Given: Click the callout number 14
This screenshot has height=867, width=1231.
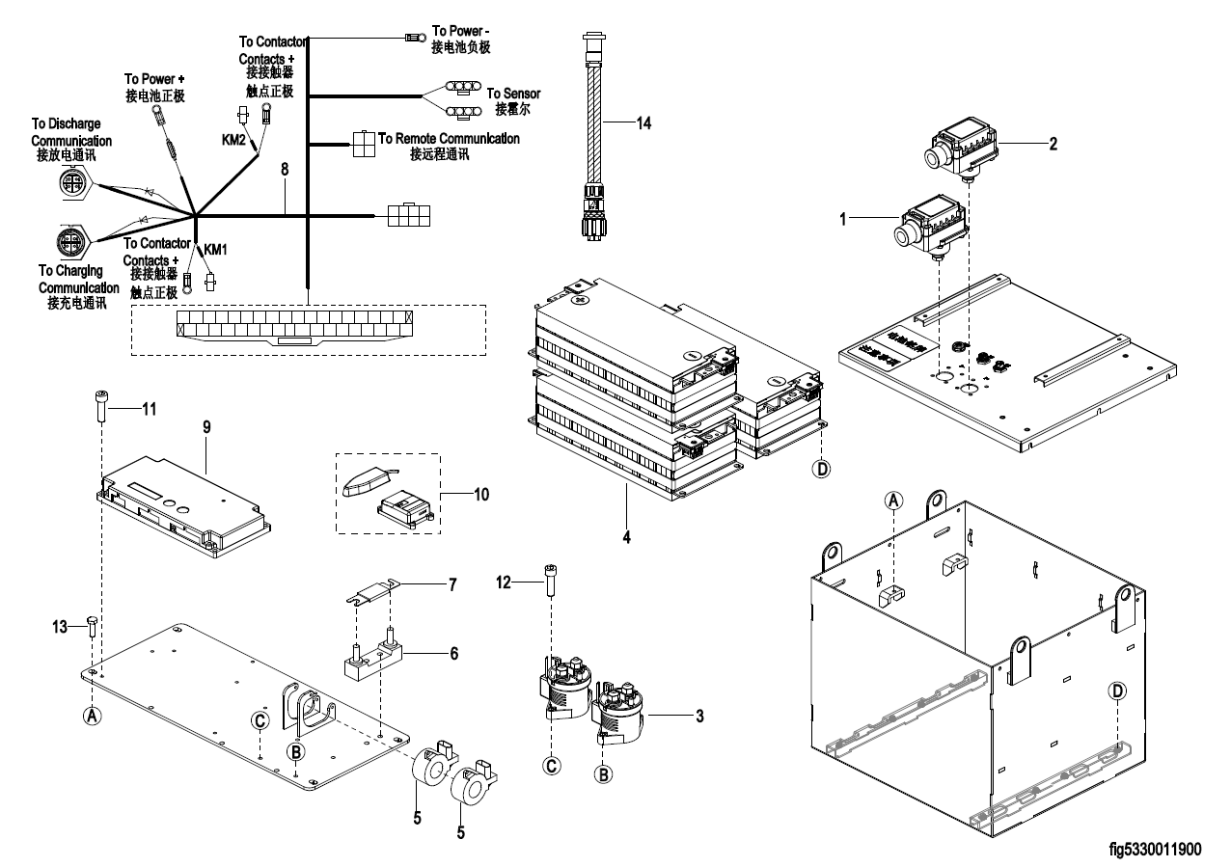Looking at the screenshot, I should (645, 122).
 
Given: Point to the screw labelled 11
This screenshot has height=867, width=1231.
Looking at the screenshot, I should (101, 408).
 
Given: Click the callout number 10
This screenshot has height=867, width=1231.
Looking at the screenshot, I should (481, 495).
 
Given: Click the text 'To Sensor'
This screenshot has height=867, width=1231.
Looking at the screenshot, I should (513, 94).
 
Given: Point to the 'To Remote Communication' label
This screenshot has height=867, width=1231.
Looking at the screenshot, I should (449, 139).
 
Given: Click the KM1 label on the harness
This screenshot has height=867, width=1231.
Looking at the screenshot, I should (214, 249).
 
